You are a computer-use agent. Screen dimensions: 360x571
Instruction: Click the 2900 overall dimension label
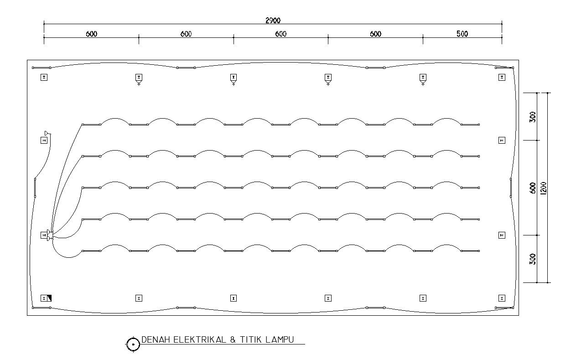pyautogui.click(x=273, y=21)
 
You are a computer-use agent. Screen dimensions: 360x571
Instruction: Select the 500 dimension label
pyautogui.click(x=462, y=34)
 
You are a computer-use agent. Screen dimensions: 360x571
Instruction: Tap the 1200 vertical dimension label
pyautogui.click(x=543, y=188)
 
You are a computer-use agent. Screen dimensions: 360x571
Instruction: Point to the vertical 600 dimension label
pyautogui.click(x=533, y=188)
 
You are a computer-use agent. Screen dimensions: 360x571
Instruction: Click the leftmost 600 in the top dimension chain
pyautogui.click(x=91, y=34)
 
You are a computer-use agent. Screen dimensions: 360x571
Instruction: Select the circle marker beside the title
pyautogui.click(x=133, y=344)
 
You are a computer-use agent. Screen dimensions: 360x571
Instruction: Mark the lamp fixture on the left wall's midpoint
pyautogui.click(x=35, y=188)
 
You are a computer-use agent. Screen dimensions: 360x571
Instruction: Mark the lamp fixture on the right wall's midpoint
pyautogui.click(x=511, y=188)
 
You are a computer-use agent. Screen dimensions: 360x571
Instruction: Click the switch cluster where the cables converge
pyautogui.click(x=50, y=235)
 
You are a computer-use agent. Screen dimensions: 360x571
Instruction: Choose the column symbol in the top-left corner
pyautogui.click(x=44, y=77)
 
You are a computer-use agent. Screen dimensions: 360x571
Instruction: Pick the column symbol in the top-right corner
pyautogui.click(x=502, y=77)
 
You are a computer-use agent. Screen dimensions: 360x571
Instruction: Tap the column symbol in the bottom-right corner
pyautogui.click(x=502, y=298)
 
